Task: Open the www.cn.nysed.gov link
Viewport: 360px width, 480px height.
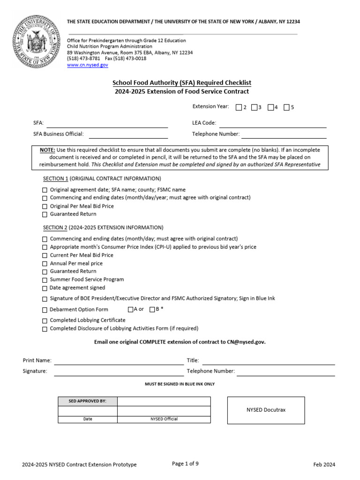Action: coord(88,66)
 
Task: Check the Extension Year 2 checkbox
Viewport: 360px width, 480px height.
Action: coord(239,107)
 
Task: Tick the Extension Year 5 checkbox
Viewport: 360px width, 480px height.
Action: coord(286,107)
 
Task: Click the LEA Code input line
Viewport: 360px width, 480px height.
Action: coord(273,124)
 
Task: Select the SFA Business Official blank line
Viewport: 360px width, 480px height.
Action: coord(128,135)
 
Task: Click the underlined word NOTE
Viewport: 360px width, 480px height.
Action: coord(47,150)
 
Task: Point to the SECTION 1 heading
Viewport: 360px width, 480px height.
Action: coord(56,179)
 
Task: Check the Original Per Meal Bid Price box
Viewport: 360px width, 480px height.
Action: coord(45,206)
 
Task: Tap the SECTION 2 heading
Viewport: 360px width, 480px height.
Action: coord(56,228)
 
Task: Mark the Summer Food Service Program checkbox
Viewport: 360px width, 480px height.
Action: coord(45,280)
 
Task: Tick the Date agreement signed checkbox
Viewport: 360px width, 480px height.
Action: coord(45,288)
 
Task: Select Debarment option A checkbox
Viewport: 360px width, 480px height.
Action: coord(130,309)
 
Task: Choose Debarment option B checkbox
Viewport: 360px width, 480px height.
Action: coord(152,309)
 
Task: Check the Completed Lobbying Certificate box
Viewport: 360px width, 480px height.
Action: coord(45,321)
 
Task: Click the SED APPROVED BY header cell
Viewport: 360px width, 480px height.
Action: coord(88,401)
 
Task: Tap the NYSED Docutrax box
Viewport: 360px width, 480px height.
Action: coord(266,410)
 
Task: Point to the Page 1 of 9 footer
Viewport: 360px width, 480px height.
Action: coord(185,464)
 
